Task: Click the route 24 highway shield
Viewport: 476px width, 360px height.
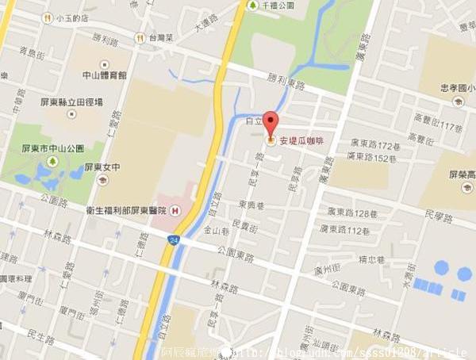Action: (174, 239)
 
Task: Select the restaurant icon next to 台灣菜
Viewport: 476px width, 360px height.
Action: (139, 36)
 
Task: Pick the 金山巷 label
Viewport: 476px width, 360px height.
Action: (216, 231)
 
